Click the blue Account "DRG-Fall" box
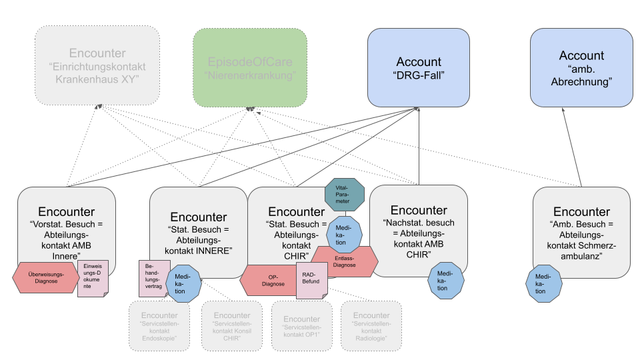coord(418,67)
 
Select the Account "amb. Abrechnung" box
coord(581,67)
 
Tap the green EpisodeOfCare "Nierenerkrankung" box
coord(250,67)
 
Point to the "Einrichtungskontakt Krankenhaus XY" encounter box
coord(97,66)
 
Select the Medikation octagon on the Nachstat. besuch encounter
coord(445,281)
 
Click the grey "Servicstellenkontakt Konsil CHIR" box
coord(232,325)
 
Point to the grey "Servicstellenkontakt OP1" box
coord(301,325)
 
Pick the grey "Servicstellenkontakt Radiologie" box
coord(371,325)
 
